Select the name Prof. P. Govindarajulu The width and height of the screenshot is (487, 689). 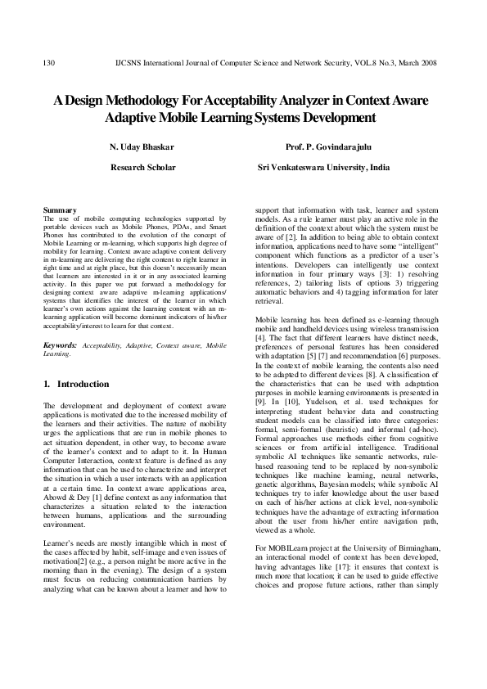324,147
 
